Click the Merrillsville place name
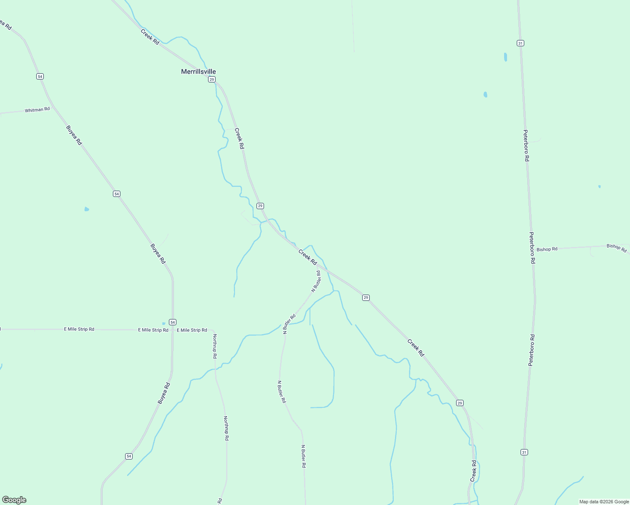click(x=198, y=72)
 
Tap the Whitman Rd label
click(x=37, y=110)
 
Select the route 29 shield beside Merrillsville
click(x=212, y=79)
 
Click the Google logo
click(x=14, y=500)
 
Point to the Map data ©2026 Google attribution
click(x=603, y=502)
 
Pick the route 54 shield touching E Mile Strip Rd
click(x=173, y=322)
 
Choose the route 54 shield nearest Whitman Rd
click(x=40, y=76)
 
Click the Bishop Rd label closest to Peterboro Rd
click(x=547, y=249)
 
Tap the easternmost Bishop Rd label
click(x=617, y=248)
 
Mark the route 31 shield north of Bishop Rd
click(x=521, y=43)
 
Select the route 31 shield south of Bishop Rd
click(x=524, y=452)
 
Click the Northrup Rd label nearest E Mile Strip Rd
click(x=215, y=346)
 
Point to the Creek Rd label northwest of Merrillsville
click(x=150, y=37)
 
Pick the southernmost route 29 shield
click(x=460, y=403)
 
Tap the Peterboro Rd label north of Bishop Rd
click(x=526, y=146)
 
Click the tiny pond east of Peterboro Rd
click(x=599, y=186)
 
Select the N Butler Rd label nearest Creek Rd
click(x=316, y=282)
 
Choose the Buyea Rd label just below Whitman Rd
click(x=74, y=135)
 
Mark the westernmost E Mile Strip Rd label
click(x=79, y=329)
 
